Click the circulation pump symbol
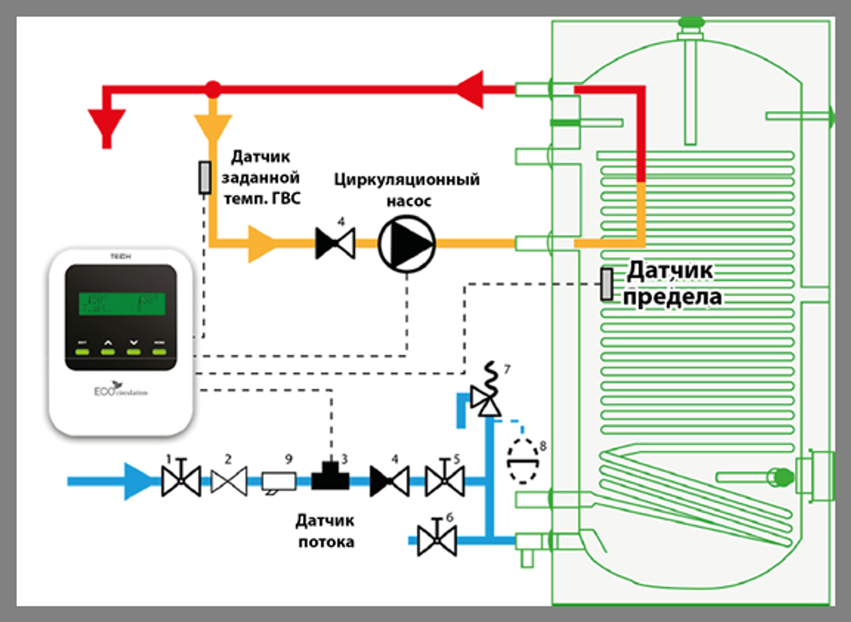coord(406,243)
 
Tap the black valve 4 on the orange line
coord(334,243)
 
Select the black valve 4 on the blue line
coord(389,482)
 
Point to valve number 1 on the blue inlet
coord(180,481)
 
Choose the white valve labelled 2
coord(228,482)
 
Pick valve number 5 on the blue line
coord(444,482)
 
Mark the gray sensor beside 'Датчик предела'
coord(607,284)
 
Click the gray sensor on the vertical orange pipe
coord(204,177)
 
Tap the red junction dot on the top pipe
coord(213,88)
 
